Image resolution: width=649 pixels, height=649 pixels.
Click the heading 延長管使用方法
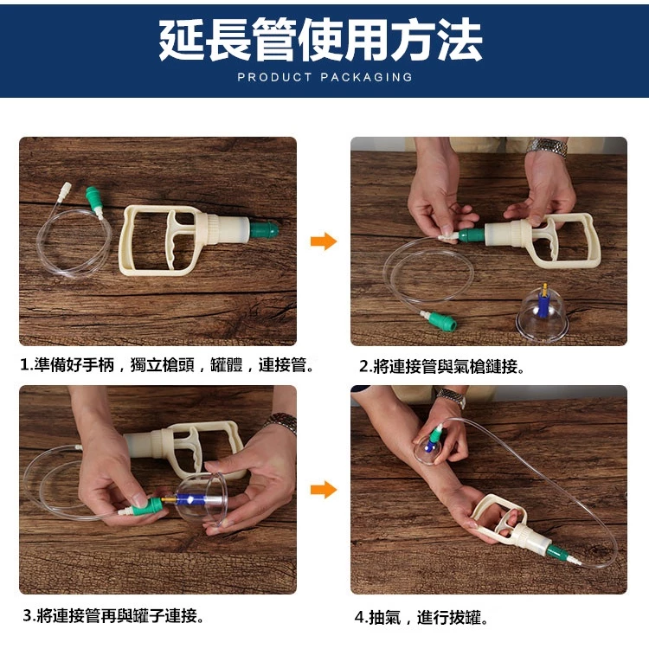321,40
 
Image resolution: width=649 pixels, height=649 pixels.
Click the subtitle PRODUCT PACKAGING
324,77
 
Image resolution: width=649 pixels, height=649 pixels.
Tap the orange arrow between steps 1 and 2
324,241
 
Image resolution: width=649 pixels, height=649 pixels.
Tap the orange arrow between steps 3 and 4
324,490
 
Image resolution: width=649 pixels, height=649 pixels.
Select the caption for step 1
167,365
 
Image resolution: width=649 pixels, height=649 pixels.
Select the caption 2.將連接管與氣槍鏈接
441,366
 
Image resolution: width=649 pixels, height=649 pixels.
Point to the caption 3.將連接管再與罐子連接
113,616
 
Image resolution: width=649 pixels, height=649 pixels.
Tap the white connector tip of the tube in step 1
65,190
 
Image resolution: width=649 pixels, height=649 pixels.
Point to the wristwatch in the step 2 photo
547,147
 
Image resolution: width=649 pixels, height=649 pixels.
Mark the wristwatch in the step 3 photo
281,422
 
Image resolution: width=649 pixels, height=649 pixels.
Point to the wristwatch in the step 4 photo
451,397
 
